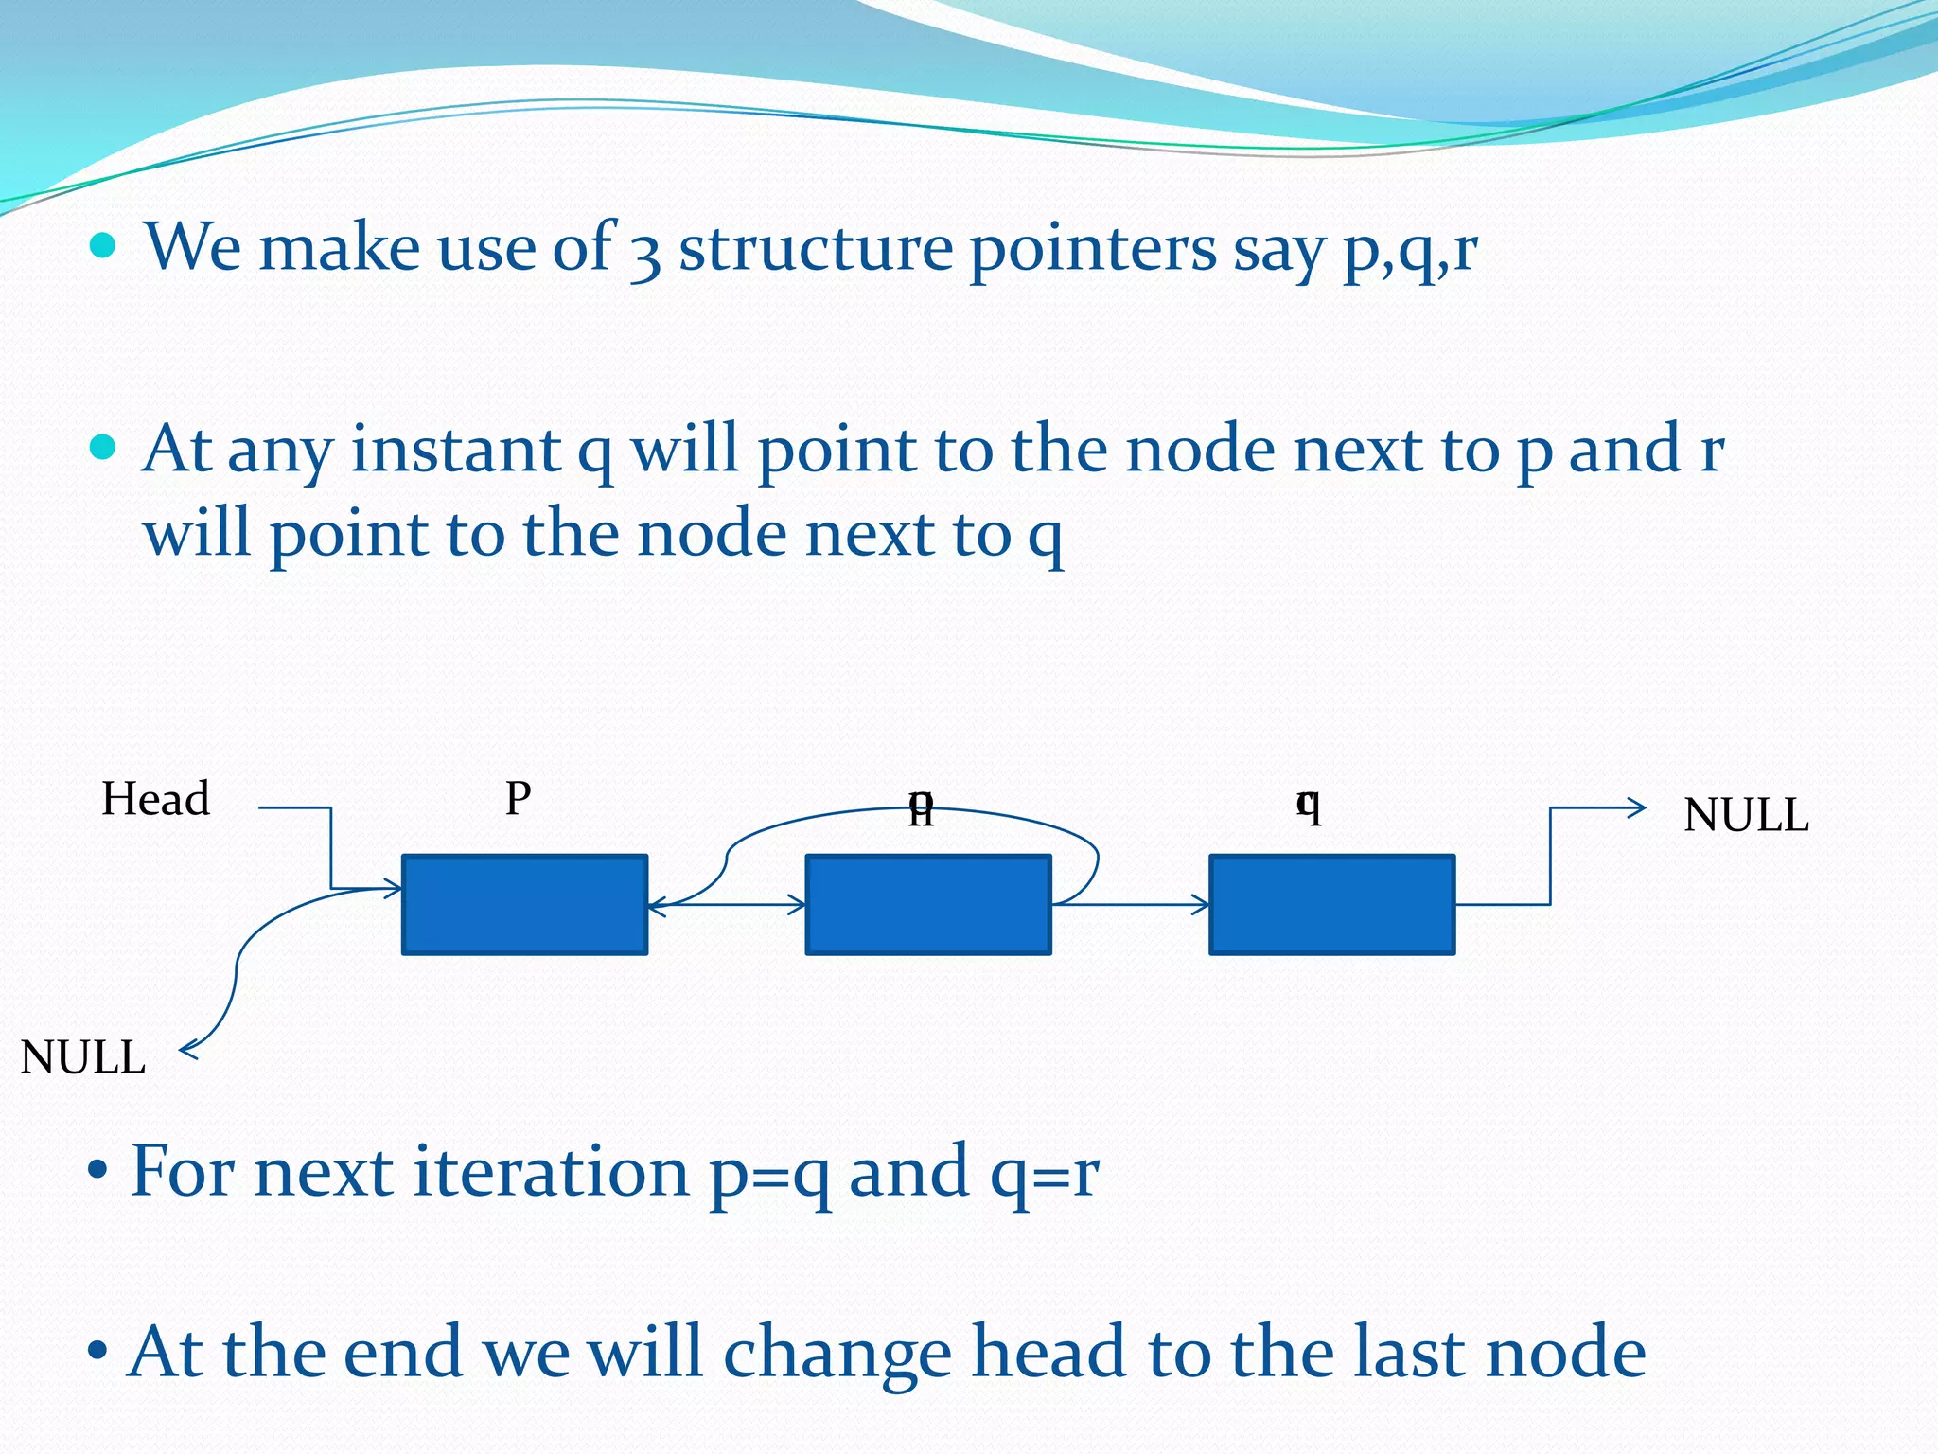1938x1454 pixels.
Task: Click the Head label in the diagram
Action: (x=155, y=799)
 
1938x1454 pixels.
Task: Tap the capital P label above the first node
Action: (x=518, y=799)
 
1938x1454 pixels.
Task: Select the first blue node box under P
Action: (x=524, y=905)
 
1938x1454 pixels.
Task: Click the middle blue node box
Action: (x=927, y=905)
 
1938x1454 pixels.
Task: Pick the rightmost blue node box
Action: (x=1331, y=905)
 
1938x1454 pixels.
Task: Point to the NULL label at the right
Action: (x=1745, y=815)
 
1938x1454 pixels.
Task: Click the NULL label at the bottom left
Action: (x=83, y=1057)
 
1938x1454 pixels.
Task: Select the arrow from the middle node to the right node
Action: (x=1130, y=905)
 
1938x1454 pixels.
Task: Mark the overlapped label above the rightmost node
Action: (x=1308, y=806)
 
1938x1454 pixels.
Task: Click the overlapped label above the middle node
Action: (x=921, y=807)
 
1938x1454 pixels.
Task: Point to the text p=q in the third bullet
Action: (x=770, y=1174)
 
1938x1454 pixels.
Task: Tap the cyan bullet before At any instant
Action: (x=102, y=447)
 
